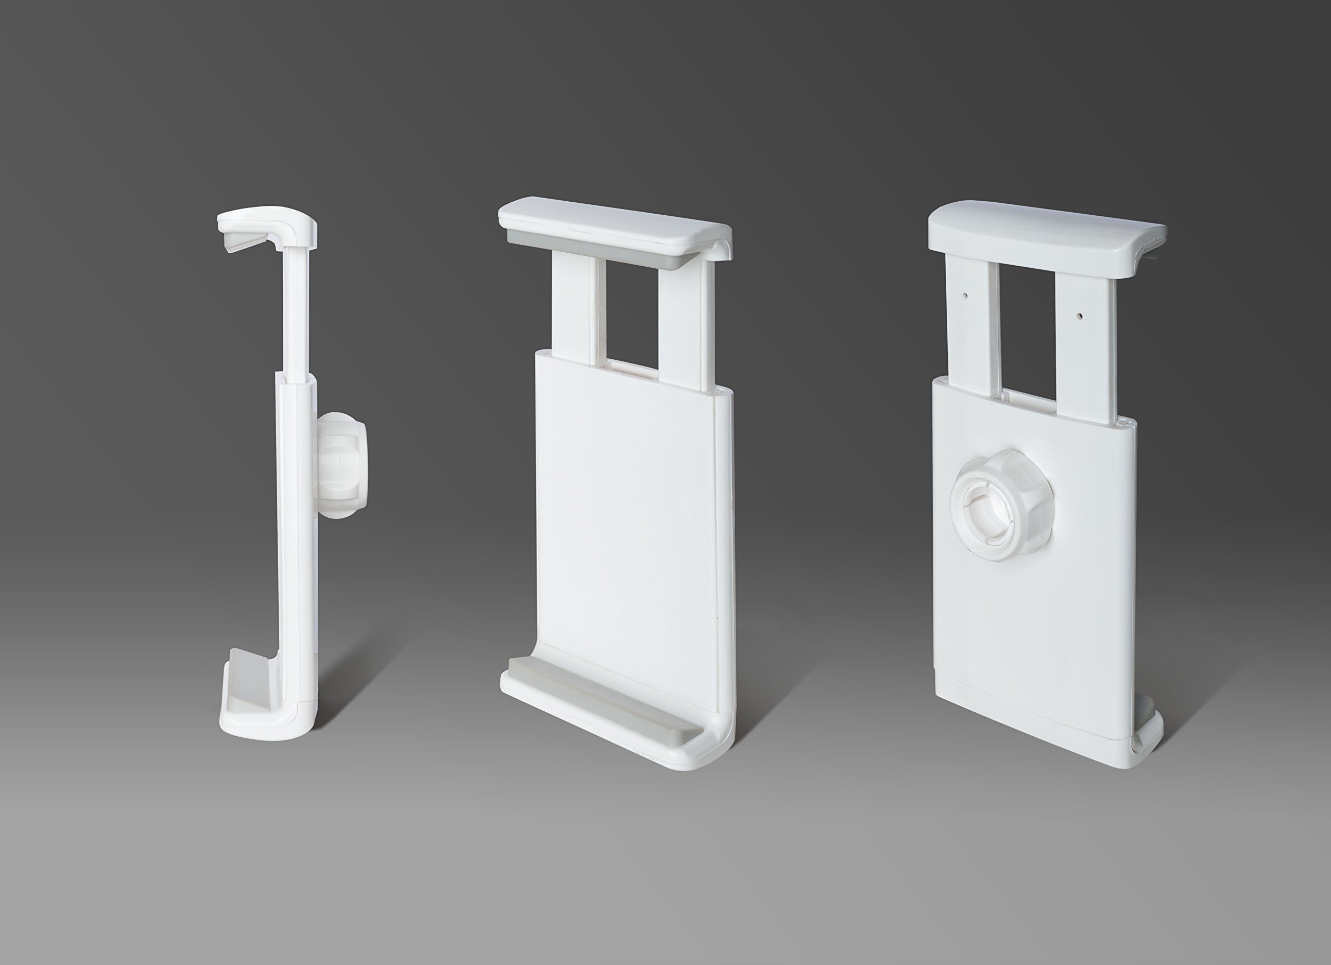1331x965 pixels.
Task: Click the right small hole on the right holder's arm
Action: [x=1081, y=315]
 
